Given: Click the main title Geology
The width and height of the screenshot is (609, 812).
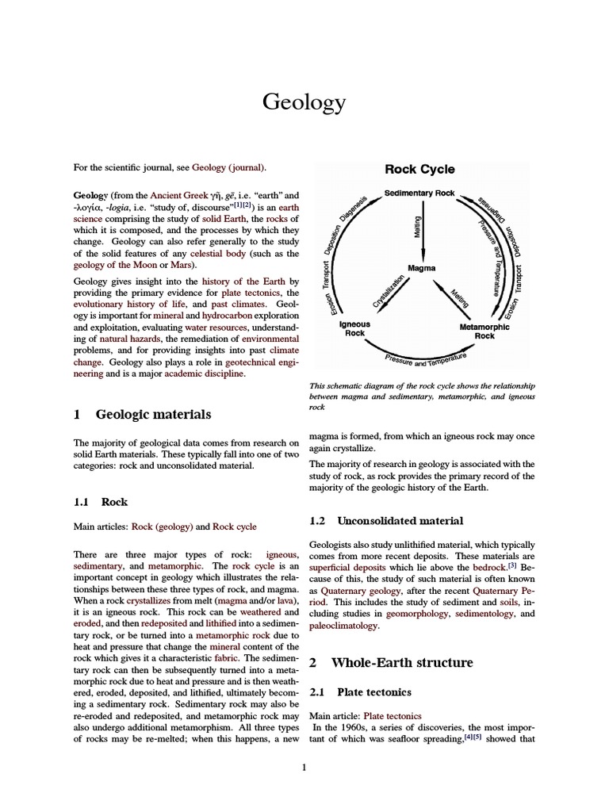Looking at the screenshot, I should pos(304,102).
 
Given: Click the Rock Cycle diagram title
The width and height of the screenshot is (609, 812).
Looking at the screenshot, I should pos(419,169).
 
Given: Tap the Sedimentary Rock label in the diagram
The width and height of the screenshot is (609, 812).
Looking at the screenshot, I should pos(419,193).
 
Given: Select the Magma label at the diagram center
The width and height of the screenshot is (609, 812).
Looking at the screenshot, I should pos(422,268).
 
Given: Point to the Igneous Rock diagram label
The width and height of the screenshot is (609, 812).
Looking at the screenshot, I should pos(354,329).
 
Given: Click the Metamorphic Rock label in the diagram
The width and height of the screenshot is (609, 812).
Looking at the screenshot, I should pos(485,330).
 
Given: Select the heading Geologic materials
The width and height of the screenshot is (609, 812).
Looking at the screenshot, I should pos(153,414).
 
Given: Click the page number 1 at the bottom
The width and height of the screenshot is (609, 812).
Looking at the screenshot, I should pos(304,766).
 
